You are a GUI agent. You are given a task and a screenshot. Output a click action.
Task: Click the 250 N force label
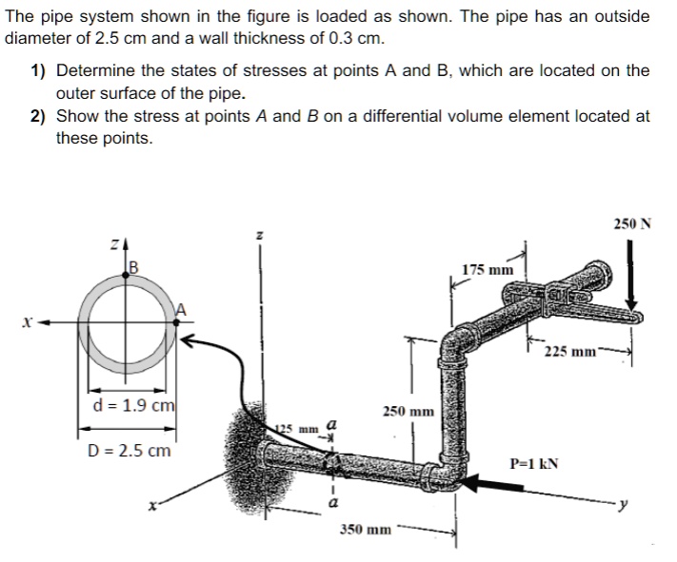632,223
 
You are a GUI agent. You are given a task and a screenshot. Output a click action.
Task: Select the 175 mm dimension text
488,270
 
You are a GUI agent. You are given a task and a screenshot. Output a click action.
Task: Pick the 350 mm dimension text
364,527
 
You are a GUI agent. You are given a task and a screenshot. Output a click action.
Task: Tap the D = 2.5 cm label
125,450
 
